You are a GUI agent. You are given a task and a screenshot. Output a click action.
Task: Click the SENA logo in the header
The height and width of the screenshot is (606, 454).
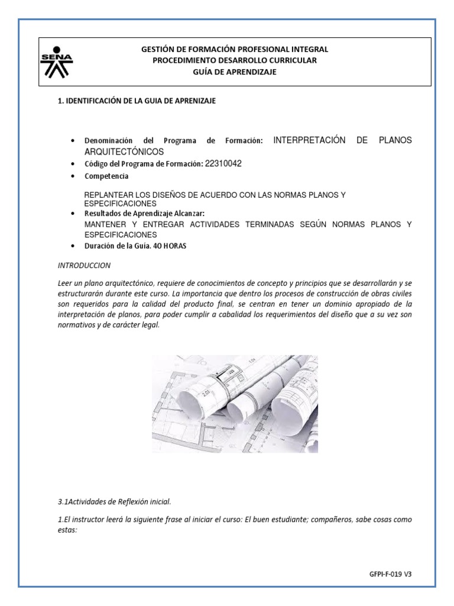(57, 62)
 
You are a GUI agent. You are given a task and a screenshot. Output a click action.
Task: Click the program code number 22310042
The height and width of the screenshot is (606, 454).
(223, 163)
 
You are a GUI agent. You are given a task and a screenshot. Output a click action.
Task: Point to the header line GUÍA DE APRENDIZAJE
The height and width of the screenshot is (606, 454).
(235, 72)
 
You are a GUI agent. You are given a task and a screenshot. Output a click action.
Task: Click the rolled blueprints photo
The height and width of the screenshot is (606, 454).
(235, 404)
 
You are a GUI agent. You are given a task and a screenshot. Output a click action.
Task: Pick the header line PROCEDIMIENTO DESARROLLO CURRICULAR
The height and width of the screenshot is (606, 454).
(235, 61)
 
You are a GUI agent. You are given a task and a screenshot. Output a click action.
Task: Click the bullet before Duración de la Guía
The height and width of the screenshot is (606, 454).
(72, 246)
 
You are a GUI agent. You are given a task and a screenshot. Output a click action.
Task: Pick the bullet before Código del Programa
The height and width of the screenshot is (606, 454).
(72, 163)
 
